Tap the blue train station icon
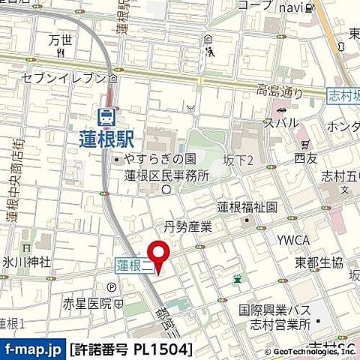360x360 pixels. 106,115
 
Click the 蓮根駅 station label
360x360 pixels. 106,138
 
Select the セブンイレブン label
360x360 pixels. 65,78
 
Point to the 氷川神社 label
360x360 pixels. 25,262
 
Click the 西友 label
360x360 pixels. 305,158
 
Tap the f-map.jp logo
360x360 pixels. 32,349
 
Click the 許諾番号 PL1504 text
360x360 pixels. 131,349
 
